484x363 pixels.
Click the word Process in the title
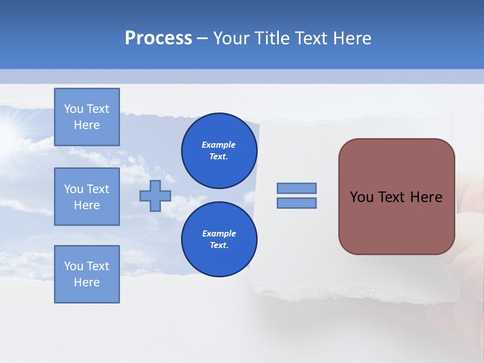click(158, 38)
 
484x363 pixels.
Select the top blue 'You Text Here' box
click(87, 117)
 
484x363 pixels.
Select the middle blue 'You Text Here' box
click(87, 197)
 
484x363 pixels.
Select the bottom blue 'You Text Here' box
click(87, 274)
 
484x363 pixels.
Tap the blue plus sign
click(155, 196)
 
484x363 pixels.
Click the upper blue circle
click(219, 151)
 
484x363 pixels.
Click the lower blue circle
click(219, 239)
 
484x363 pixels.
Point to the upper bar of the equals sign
click(296, 188)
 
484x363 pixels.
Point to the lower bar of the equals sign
click(296, 203)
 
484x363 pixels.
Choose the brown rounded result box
click(396, 197)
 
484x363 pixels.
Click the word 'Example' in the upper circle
click(219, 145)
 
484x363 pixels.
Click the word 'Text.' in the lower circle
click(219, 246)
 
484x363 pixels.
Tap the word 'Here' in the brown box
click(426, 197)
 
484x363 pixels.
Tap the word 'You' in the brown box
click(361, 197)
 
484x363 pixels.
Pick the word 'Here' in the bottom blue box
click(87, 282)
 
